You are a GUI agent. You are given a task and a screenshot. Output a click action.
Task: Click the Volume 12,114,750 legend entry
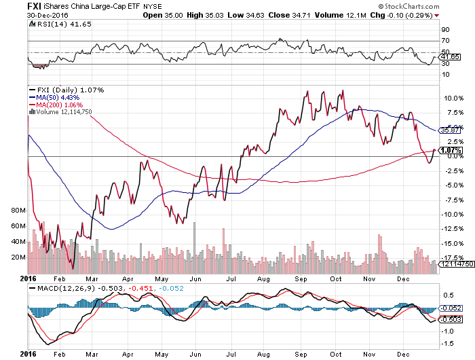(62, 111)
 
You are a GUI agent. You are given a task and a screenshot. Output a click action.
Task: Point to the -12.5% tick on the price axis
(449, 229)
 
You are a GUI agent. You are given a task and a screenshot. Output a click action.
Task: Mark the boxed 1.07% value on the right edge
(450, 150)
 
